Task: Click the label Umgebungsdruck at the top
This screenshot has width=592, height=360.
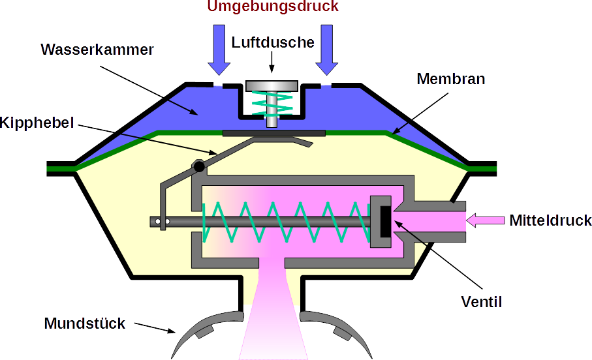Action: [273, 7]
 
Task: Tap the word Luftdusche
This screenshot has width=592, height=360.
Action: [273, 42]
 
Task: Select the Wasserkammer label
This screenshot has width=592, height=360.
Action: [97, 50]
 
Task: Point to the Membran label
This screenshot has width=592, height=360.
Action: [451, 80]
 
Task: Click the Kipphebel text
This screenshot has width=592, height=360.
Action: [38, 122]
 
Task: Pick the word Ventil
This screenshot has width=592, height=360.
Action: [481, 301]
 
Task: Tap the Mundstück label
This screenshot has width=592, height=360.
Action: [85, 323]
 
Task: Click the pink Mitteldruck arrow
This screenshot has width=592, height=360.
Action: [486, 220]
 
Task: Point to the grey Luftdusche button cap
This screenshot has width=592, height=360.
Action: [272, 86]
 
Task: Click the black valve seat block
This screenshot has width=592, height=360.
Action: [384, 222]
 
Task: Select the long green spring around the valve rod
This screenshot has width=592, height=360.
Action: [281, 222]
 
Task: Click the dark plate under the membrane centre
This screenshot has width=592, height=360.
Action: [273, 133]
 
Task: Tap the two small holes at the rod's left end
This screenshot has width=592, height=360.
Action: [163, 222]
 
